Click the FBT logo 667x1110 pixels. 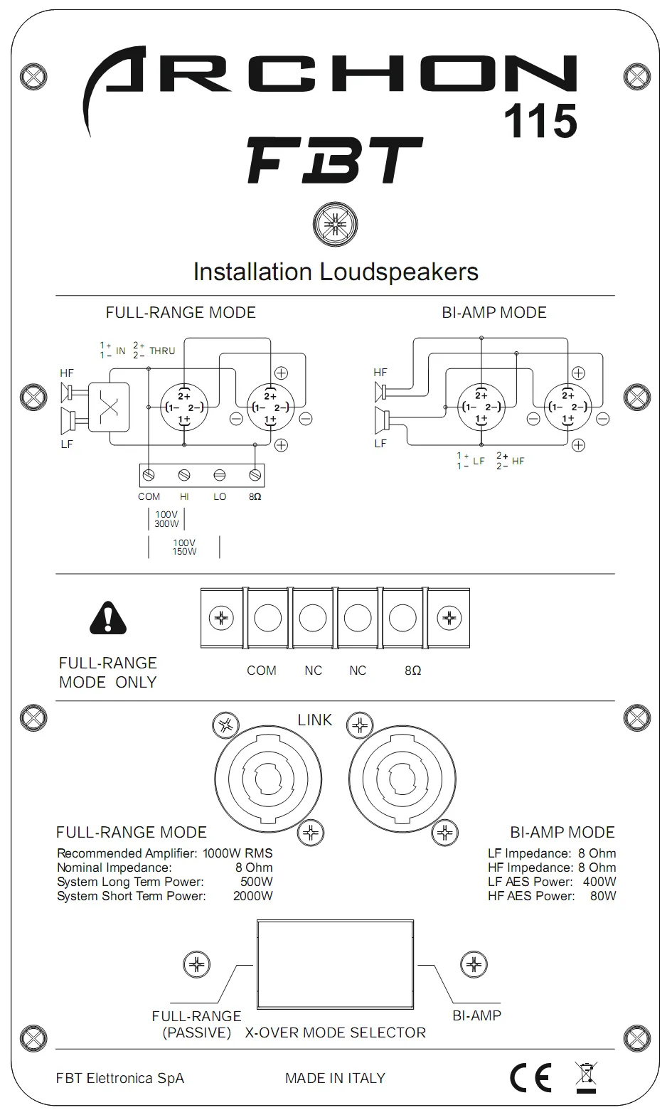[334, 161]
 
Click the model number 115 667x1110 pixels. [540, 121]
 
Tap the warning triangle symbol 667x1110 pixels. [108, 618]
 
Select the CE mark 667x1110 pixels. [530, 1078]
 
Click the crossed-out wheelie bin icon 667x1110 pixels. [586, 1077]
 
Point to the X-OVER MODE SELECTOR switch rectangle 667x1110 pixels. [335, 965]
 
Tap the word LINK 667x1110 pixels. [315, 720]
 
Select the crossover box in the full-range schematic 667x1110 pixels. [109, 407]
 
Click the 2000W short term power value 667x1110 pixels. [252, 896]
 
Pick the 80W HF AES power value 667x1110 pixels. [603, 896]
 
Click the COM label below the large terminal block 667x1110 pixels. [261, 670]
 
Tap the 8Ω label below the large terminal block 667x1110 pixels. [412, 670]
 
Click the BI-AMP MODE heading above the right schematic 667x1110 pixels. [494, 312]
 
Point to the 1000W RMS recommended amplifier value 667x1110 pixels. [238, 853]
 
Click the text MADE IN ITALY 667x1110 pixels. [335, 1078]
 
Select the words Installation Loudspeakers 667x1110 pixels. [336, 272]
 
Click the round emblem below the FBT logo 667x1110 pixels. [335, 225]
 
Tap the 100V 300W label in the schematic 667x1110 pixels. [166, 518]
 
